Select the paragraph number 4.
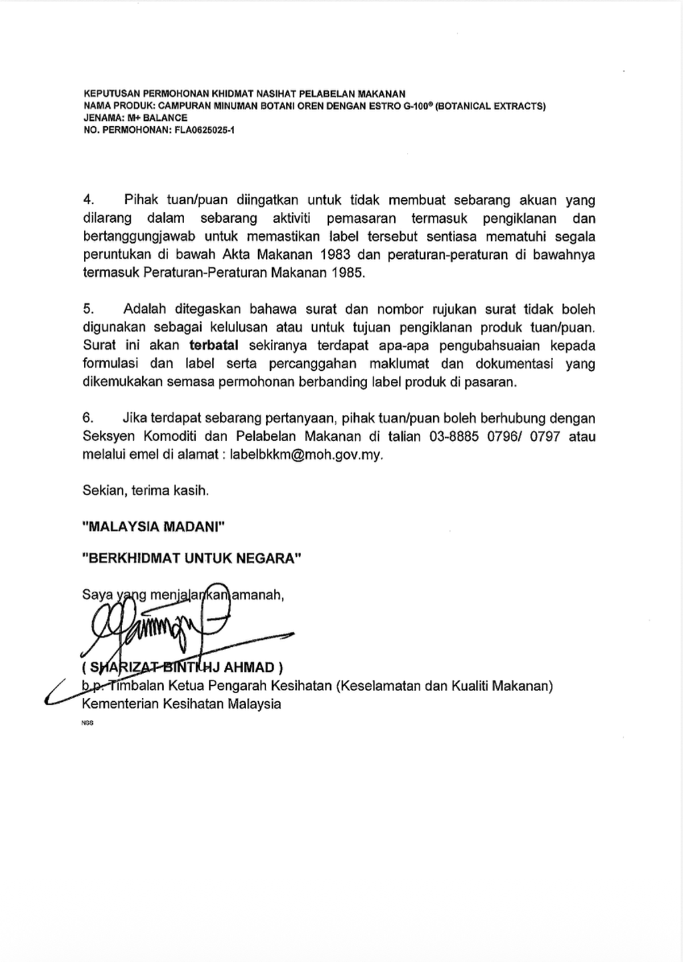click(89, 200)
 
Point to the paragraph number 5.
click(89, 310)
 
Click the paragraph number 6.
click(89, 418)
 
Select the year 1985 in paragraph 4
click(348, 273)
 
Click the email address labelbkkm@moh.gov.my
click(307, 455)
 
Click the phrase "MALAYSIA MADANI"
click(153, 527)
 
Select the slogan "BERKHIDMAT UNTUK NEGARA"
click(191, 558)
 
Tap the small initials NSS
click(87, 723)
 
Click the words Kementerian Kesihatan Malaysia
click(181, 704)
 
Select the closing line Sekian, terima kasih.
click(145, 491)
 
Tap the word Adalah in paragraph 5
click(145, 310)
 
